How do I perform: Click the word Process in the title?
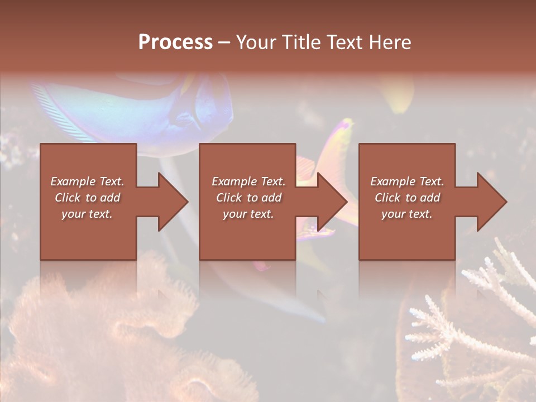(x=175, y=42)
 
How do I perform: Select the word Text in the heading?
(x=343, y=42)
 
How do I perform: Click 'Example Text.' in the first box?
(x=87, y=181)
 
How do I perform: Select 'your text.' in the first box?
(x=87, y=214)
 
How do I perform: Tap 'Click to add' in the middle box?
(x=248, y=198)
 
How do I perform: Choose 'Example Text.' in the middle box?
(x=248, y=181)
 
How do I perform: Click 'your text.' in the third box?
(x=407, y=214)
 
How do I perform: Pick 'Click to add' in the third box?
(x=407, y=198)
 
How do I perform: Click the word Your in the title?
(x=256, y=42)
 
